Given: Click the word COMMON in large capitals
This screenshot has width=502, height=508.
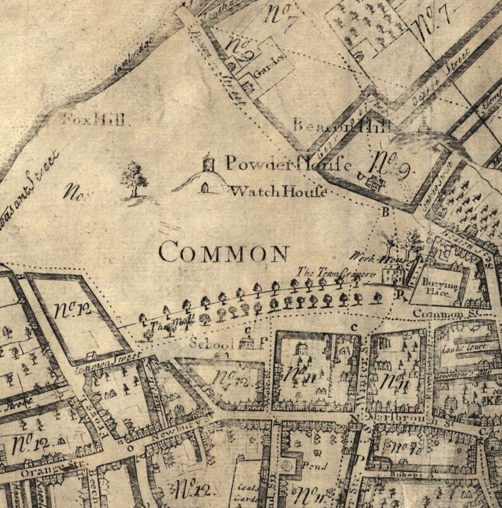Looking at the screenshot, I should click(224, 252).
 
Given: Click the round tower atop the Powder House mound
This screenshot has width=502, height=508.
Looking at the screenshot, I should click(207, 163).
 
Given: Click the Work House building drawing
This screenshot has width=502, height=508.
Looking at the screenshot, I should click(393, 274).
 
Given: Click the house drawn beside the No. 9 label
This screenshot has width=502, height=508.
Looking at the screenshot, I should click(373, 183).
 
